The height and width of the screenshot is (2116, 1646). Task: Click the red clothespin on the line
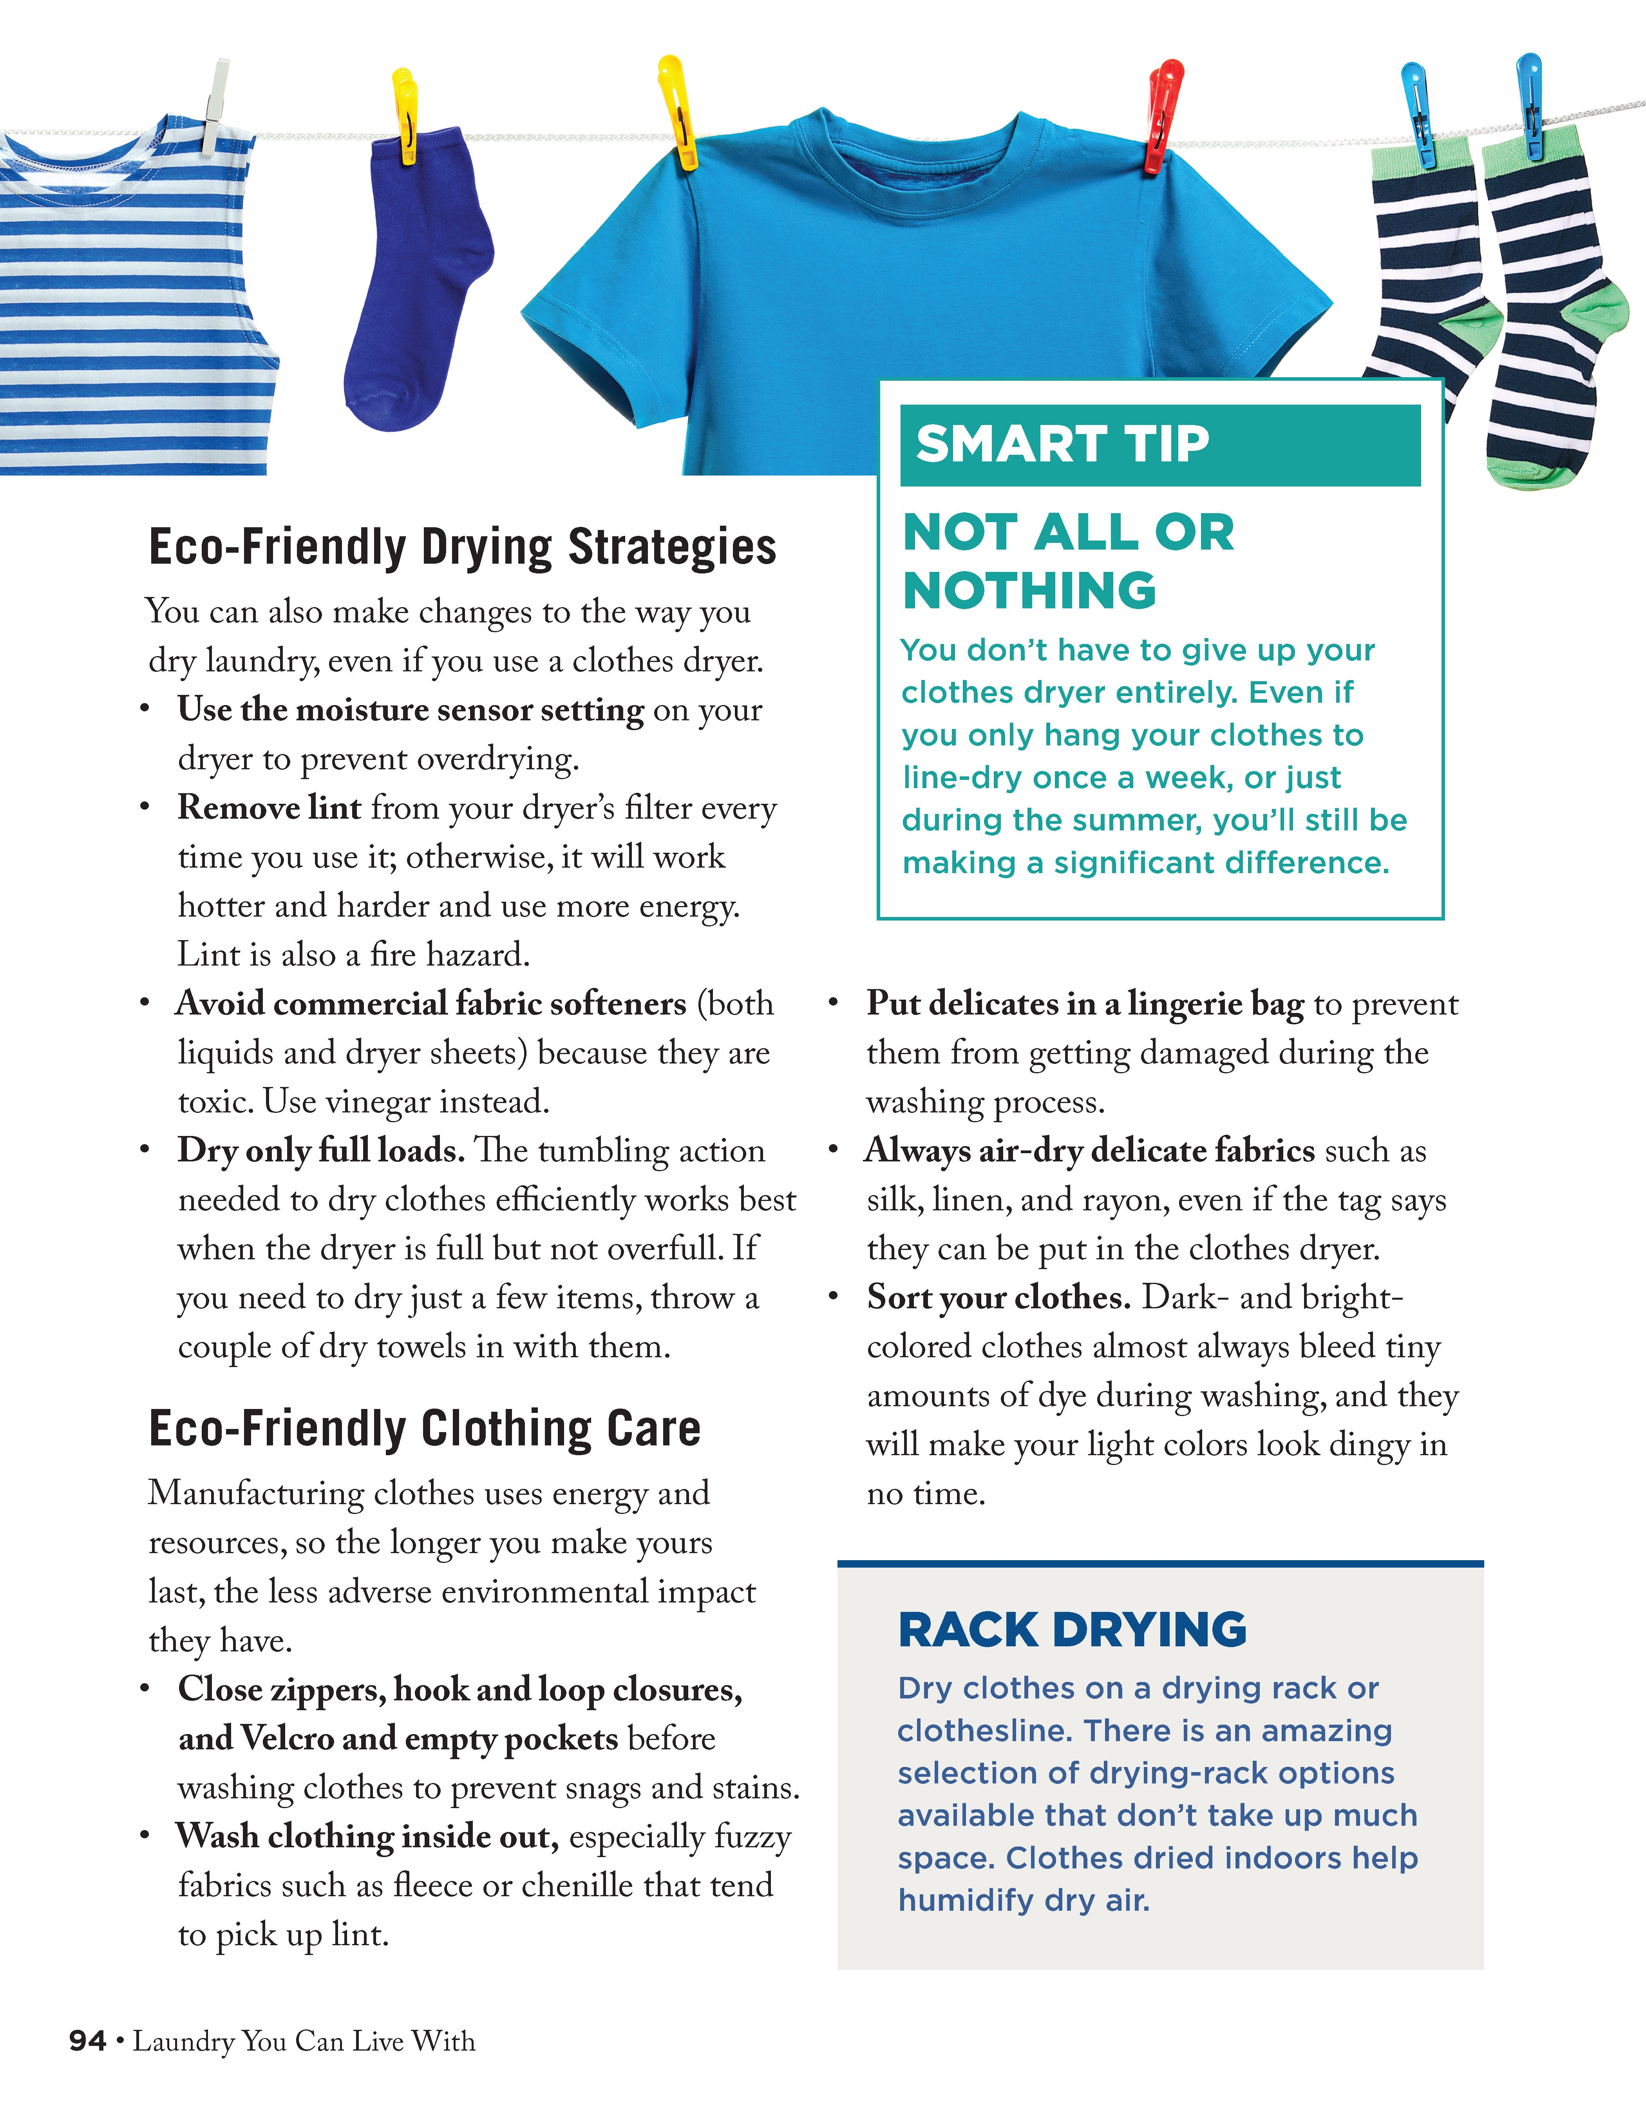(1161, 114)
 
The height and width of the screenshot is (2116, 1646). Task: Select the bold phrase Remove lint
(268, 807)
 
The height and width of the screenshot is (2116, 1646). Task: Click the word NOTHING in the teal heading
(1029, 591)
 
